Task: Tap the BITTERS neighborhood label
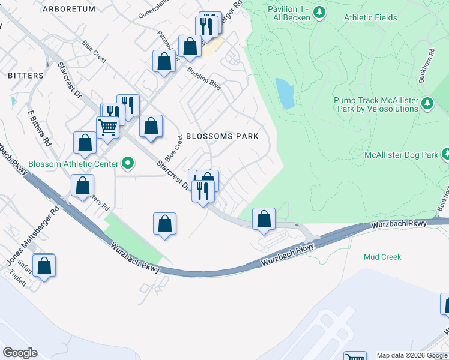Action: (26, 76)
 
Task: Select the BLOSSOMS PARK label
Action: (222, 136)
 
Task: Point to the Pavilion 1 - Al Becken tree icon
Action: (320, 12)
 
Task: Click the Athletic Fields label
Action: (370, 17)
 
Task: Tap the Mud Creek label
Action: (382, 257)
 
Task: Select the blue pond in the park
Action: (285, 93)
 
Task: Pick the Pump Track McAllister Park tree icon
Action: (427, 104)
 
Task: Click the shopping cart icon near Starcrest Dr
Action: (107, 127)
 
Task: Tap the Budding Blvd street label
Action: (205, 79)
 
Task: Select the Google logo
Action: (20, 352)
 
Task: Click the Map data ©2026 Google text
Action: (411, 355)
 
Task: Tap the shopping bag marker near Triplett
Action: (44, 266)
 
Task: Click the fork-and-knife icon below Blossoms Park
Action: (203, 191)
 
